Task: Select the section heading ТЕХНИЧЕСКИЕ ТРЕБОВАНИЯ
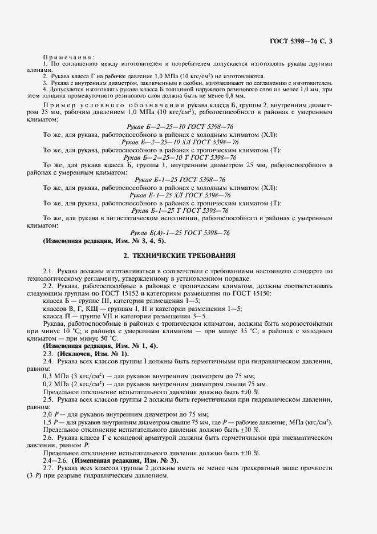click(x=188, y=255)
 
